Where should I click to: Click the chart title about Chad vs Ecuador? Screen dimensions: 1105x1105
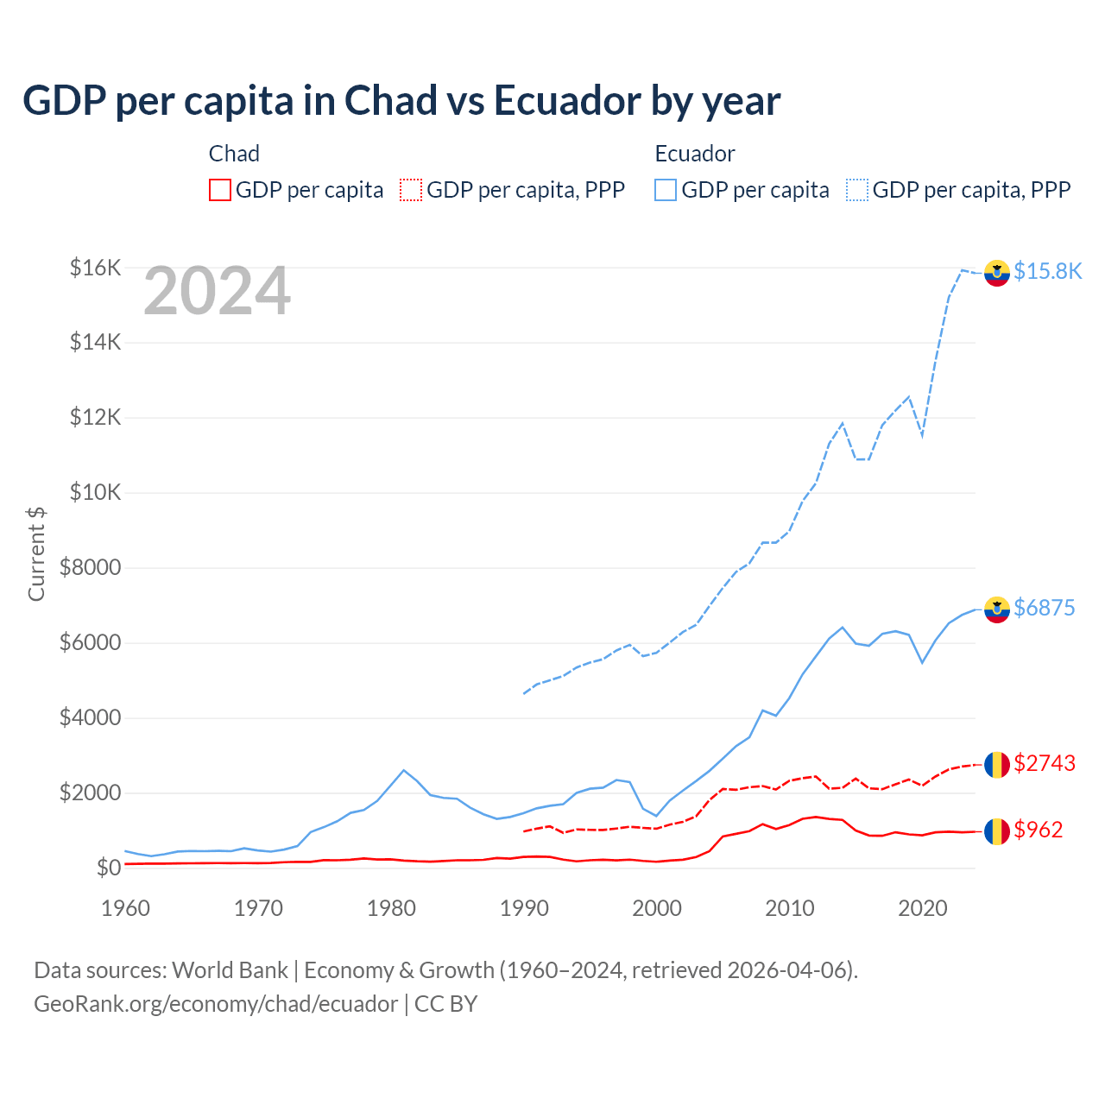tap(401, 101)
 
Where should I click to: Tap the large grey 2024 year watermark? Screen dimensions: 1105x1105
tap(217, 292)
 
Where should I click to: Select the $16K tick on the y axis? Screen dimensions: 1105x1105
tap(95, 268)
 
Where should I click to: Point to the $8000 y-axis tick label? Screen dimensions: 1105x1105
tap(90, 568)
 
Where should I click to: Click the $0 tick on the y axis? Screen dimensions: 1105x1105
tap(108, 868)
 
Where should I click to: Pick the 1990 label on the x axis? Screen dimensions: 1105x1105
tap(524, 908)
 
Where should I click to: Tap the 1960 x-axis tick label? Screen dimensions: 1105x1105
tap(126, 908)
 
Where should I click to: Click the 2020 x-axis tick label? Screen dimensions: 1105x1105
tap(922, 908)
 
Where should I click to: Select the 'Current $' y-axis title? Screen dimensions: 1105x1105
tap(36, 553)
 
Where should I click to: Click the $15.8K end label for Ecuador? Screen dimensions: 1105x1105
tap(1047, 271)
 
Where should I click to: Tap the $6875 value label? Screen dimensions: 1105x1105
tap(1044, 608)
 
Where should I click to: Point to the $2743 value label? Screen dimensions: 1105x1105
tap(1044, 763)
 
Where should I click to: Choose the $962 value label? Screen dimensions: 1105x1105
tap(1038, 830)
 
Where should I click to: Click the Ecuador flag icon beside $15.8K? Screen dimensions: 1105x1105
tap(997, 273)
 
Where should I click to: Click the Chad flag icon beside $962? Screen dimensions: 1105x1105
tap(997, 831)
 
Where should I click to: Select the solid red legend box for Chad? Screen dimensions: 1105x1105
tap(220, 190)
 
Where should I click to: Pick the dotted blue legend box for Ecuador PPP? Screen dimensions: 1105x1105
tap(857, 190)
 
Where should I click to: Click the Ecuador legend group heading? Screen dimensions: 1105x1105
tap(694, 154)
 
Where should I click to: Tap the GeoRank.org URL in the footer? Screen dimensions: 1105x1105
tap(216, 1004)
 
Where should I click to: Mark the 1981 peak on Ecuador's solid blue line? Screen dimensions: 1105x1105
tap(404, 770)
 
